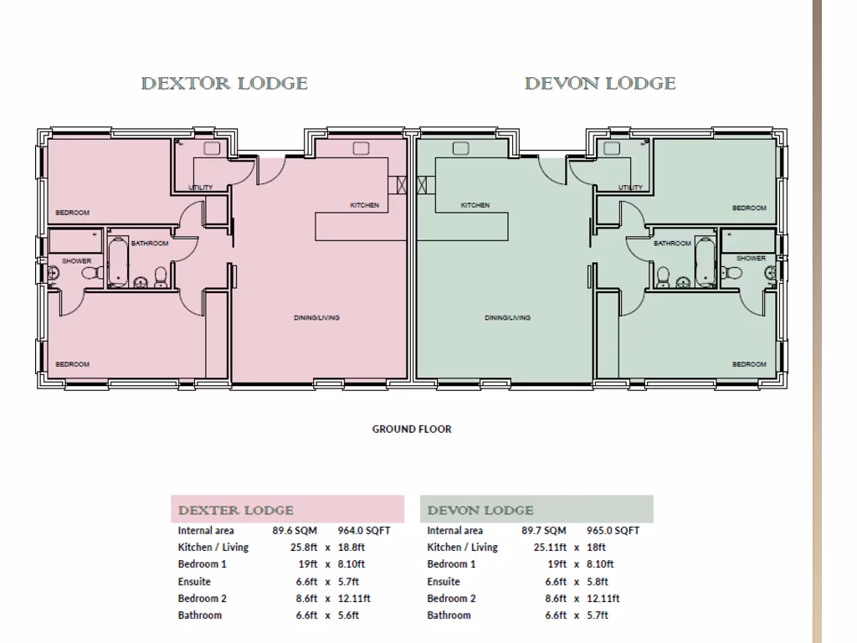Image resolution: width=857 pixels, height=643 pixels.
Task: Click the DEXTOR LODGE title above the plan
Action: click(x=224, y=84)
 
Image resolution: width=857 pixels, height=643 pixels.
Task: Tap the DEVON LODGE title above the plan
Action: click(x=600, y=84)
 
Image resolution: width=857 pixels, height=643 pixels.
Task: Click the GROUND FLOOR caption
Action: click(x=411, y=430)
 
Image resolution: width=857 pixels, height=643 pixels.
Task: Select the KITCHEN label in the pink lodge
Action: click(x=364, y=205)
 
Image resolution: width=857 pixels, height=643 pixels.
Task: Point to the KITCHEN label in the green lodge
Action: click(x=475, y=205)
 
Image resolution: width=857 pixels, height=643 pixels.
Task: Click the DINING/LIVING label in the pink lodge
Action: click(x=316, y=318)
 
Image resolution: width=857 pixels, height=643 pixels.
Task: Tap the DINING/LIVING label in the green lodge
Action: click(x=507, y=318)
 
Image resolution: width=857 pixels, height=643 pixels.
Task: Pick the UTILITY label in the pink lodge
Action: click(x=201, y=188)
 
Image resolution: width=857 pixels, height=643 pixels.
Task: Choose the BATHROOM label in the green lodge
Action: click(x=672, y=244)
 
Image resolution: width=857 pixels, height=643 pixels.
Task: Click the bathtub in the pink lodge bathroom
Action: click(x=116, y=262)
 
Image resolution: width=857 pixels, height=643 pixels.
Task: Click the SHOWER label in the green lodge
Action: click(x=751, y=258)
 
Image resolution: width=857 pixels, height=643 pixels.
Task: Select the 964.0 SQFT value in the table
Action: click(x=364, y=530)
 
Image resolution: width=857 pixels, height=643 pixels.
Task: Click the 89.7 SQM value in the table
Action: click(x=544, y=530)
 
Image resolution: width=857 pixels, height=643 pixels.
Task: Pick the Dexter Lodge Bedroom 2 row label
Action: click(x=202, y=598)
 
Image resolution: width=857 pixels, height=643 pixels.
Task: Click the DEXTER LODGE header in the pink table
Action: click(x=236, y=510)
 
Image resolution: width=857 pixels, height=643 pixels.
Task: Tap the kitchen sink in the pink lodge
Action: click(x=362, y=148)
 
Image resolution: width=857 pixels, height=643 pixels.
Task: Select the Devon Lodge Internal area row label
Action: click(x=454, y=530)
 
